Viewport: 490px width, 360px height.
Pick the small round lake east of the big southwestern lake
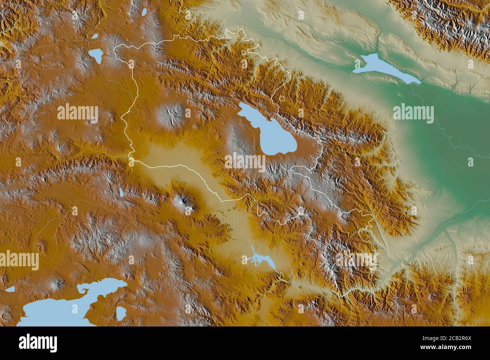click(121, 312)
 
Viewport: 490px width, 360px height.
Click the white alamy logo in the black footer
click(38, 342)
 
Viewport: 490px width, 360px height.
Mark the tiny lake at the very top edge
click(144, 13)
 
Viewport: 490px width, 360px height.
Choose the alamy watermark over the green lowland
click(413, 113)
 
